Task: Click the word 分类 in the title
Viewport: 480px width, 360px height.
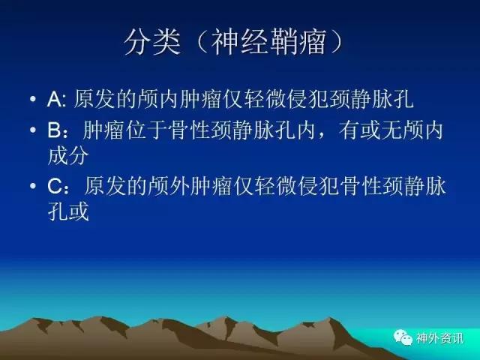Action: tap(151, 42)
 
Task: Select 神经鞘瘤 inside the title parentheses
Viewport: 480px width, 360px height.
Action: tap(268, 42)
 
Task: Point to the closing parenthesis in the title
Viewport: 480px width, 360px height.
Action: tap(335, 42)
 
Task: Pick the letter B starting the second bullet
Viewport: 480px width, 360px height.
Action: tap(55, 130)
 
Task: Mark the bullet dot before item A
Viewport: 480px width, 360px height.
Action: tap(33, 99)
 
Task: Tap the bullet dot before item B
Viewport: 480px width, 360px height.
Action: tap(33, 130)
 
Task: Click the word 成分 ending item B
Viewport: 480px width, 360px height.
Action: tap(68, 155)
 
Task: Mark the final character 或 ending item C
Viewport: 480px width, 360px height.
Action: tap(79, 211)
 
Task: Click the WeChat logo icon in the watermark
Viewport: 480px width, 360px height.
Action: tap(403, 337)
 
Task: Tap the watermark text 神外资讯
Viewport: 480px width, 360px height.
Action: tap(439, 338)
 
